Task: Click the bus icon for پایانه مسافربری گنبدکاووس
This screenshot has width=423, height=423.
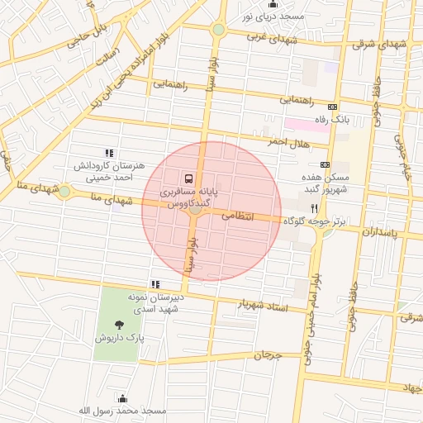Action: (189, 178)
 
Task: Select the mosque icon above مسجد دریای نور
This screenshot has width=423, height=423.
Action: (273, 4)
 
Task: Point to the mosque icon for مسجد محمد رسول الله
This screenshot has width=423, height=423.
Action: (123, 398)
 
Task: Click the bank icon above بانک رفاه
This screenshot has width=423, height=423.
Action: (333, 107)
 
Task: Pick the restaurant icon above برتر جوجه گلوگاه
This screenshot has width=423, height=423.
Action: (314, 209)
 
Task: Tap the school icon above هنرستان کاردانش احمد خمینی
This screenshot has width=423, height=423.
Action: (108, 152)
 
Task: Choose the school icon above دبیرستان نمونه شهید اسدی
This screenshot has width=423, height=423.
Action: (154, 284)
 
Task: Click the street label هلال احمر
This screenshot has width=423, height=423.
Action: (288, 142)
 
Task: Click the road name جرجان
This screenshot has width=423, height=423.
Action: (268, 356)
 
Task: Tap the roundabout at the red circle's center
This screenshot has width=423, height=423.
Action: (196, 210)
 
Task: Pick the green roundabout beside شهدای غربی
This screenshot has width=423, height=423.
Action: (218, 30)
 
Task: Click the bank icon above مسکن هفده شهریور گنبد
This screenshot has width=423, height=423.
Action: (325, 164)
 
